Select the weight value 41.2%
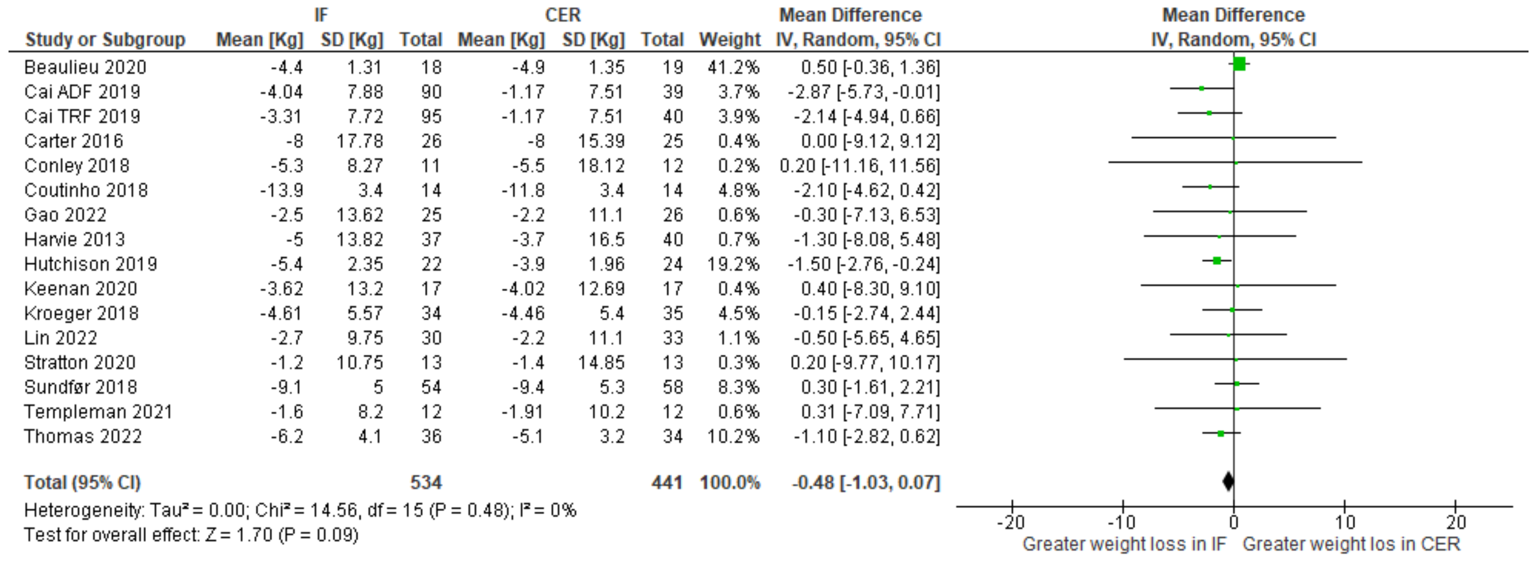[733, 67]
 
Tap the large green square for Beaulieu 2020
[1239, 64]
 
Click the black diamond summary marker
[1228, 481]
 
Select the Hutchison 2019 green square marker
[1217, 260]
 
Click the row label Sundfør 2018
[81, 387]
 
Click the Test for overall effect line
[191, 535]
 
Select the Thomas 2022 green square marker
[1221, 433]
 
